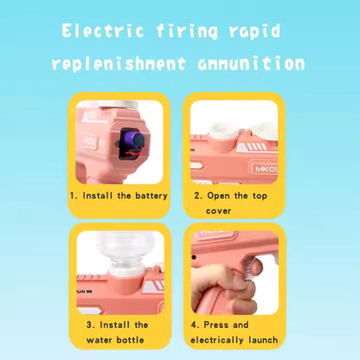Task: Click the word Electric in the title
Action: (102, 30)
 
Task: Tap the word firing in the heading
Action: (187, 31)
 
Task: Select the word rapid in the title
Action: (254, 31)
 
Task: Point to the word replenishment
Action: (119, 64)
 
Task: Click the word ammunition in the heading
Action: (251, 64)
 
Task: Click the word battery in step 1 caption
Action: (151, 196)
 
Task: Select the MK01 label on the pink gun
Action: (266, 169)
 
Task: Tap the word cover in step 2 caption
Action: (218, 211)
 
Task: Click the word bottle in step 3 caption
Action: (130, 340)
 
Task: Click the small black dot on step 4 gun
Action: (194, 257)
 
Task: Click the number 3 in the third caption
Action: (90, 325)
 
